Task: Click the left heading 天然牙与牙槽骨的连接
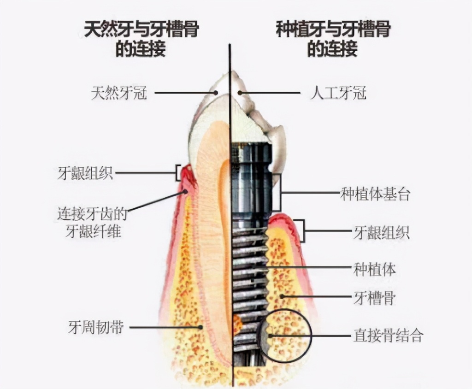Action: (x=141, y=39)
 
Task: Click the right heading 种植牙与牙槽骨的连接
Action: (x=333, y=39)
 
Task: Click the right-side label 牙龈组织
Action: (x=381, y=232)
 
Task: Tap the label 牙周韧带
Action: (x=95, y=328)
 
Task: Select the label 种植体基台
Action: (x=375, y=194)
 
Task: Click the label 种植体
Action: (x=374, y=269)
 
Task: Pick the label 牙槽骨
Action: (x=374, y=297)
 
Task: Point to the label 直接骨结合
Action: (x=388, y=336)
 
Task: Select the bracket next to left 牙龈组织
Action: (x=177, y=173)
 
